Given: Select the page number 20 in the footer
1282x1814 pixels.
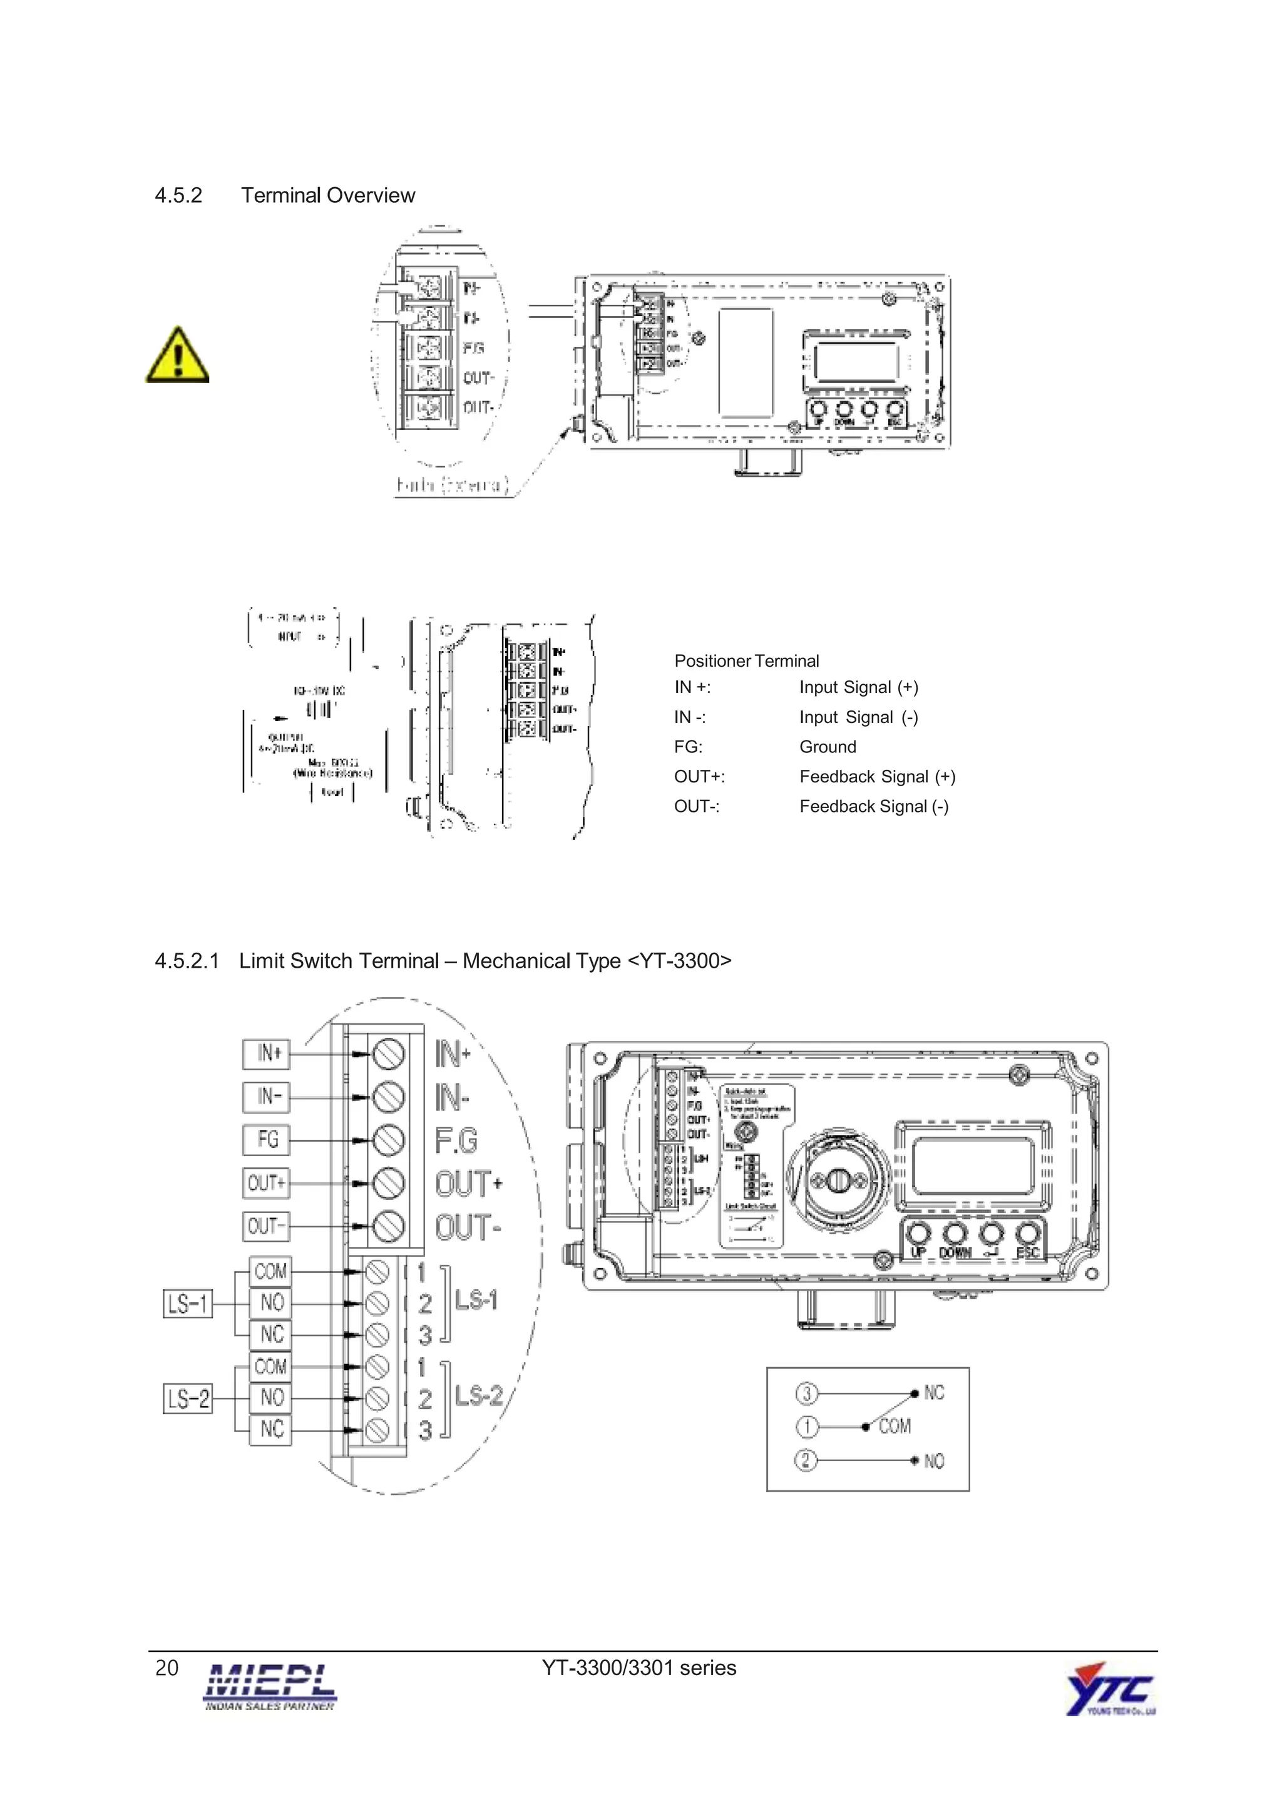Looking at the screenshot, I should click(x=167, y=1668).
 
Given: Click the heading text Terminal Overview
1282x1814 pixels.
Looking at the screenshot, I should click(x=328, y=195).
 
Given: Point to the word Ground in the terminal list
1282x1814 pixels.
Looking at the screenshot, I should click(x=827, y=747).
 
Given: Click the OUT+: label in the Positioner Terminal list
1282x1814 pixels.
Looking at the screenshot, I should click(x=699, y=777).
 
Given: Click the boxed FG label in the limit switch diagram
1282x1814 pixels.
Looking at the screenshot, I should click(x=267, y=1139).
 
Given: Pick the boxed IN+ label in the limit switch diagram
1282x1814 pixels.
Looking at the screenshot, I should click(x=267, y=1053).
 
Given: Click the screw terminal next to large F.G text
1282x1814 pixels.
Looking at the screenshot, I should click(x=388, y=1139).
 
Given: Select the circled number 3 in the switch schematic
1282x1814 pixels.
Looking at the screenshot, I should click(x=806, y=1392).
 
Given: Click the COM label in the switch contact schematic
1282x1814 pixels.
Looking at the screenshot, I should click(x=894, y=1426).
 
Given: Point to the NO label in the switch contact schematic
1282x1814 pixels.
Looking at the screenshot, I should click(x=934, y=1461).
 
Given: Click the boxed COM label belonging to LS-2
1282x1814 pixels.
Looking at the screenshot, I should click(x=270, y=1366).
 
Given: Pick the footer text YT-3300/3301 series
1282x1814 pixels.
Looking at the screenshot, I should click(x=638, y=1668).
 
